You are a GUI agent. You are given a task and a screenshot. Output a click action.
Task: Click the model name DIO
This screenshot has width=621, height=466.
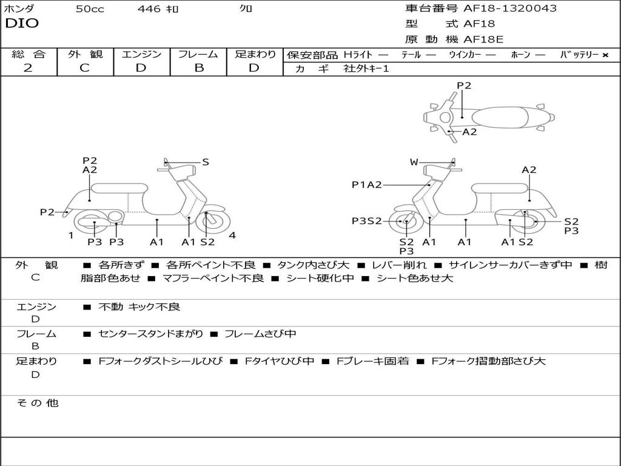[x=22, y=24]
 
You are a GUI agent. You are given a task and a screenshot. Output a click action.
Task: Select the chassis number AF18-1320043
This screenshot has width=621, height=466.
[x=510, y=8]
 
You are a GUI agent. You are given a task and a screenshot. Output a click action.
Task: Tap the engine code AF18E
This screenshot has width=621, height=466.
[x=483, y=39]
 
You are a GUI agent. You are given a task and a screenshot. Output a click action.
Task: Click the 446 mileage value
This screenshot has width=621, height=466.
[x=149, y=9]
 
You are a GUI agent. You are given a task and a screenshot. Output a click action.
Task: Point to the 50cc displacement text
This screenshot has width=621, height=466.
[x=90, y=9]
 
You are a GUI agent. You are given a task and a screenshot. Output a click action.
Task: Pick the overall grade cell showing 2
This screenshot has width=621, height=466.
[x=28, y=68]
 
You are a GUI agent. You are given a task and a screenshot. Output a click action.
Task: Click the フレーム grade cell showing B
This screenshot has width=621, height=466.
[x=199, y=68]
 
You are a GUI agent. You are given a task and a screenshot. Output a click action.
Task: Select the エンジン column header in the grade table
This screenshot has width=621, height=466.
[x=142, y=54]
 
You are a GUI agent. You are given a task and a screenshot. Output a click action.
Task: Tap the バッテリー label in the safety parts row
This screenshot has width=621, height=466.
[x=579, y=55]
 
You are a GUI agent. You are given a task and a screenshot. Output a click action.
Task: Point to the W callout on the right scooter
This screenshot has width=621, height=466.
[x=414, y=162]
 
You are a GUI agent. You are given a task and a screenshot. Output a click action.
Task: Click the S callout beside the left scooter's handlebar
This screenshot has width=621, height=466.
[x=206, y=162]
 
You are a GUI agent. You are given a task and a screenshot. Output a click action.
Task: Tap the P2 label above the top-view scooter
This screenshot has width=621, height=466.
[x=464, y=86]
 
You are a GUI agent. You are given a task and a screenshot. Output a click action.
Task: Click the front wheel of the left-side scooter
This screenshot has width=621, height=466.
[x=209, y=221]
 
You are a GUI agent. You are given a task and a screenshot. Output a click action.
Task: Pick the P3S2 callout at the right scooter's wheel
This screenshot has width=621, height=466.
[x=367, y=221]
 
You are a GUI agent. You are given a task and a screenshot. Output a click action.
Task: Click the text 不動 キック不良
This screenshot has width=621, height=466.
[x=139, y=307]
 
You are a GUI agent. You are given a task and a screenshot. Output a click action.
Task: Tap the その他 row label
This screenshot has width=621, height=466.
[x=37, y=403]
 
